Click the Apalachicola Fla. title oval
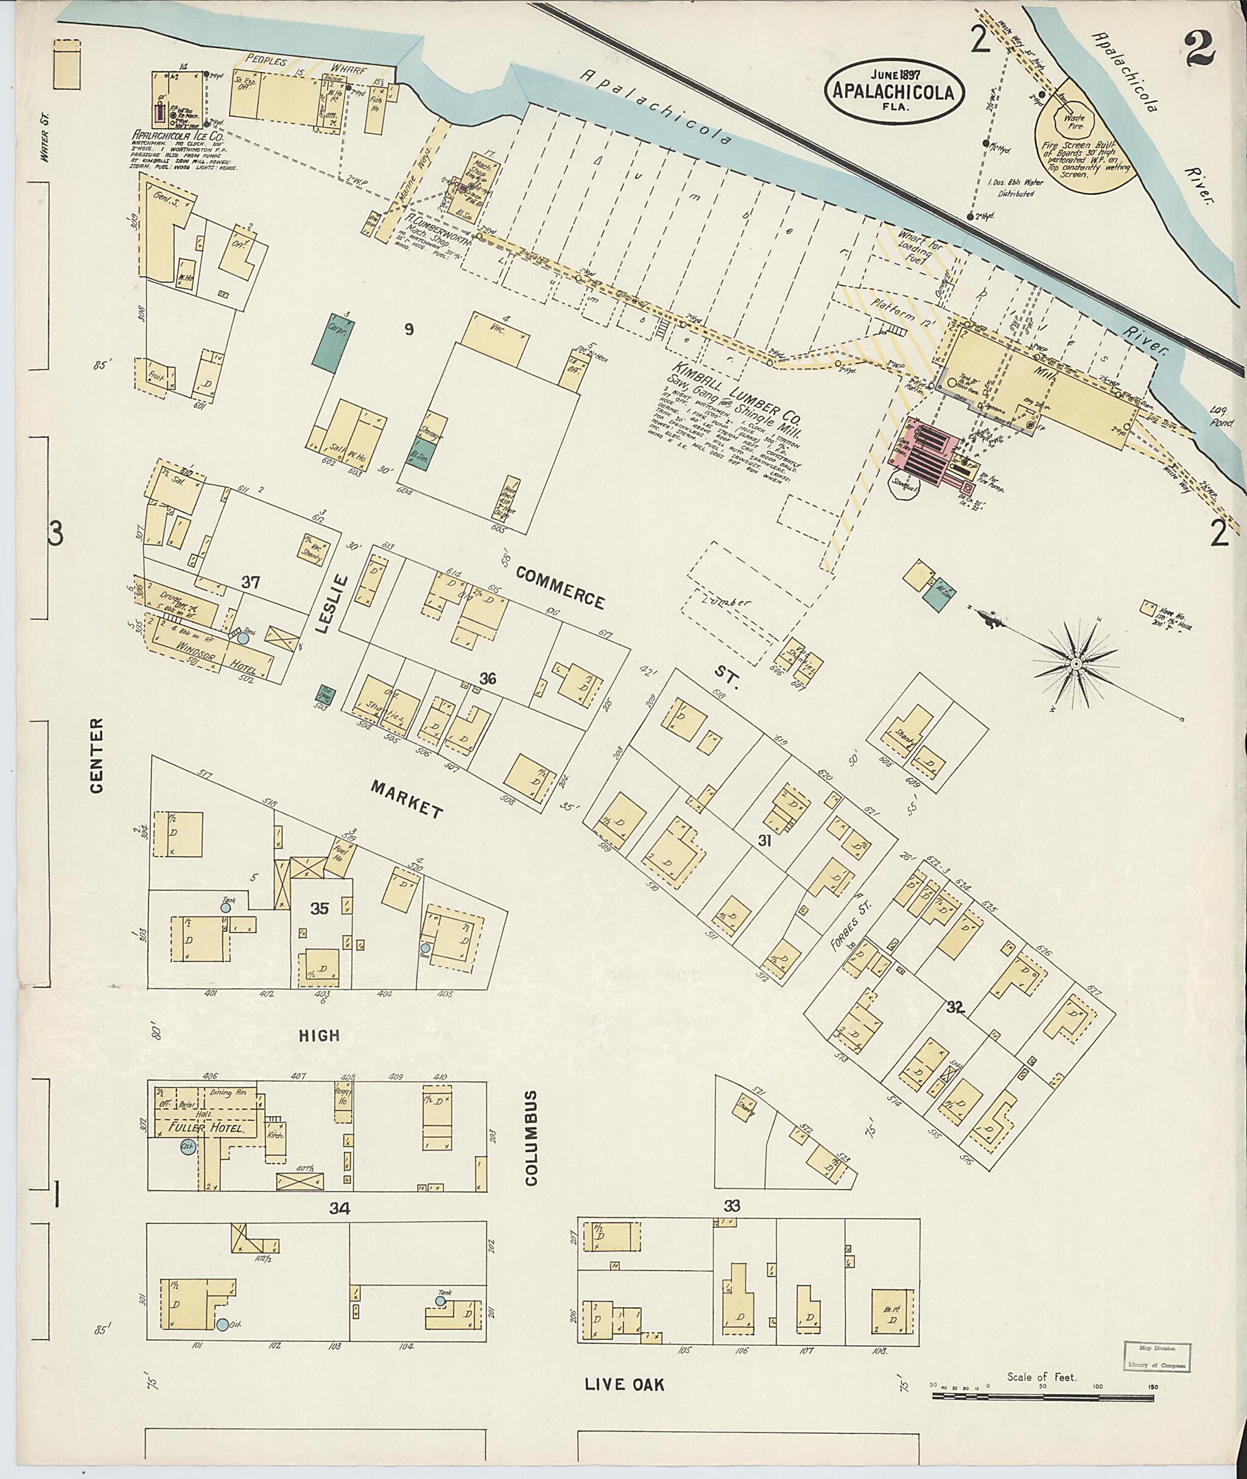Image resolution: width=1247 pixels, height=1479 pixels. click(896, 88)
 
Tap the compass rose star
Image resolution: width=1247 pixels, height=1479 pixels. click(1075, 663)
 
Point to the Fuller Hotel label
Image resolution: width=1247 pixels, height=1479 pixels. click(206, 1128)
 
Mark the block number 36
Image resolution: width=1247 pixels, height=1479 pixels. click(488, 679)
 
